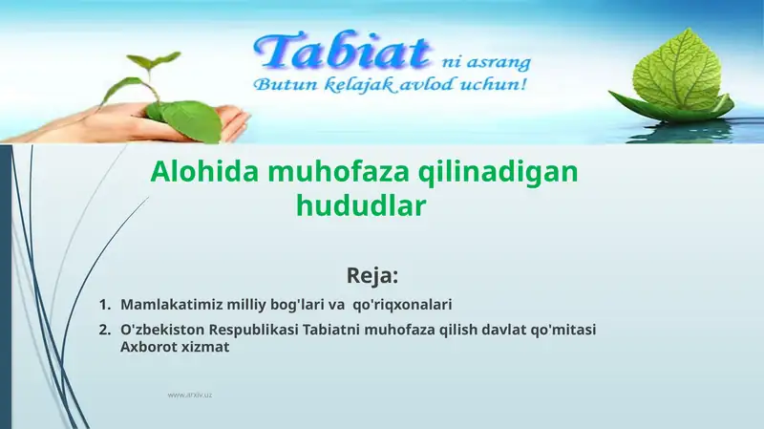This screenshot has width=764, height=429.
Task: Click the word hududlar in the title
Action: tap(360, 204)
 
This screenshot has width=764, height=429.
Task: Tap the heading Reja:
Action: tap(372, 276)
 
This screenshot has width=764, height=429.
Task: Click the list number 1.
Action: tap(104, 305)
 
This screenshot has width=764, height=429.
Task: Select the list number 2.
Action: tap(104, 330)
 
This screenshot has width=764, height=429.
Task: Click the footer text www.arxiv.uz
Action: tap(189, 395)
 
